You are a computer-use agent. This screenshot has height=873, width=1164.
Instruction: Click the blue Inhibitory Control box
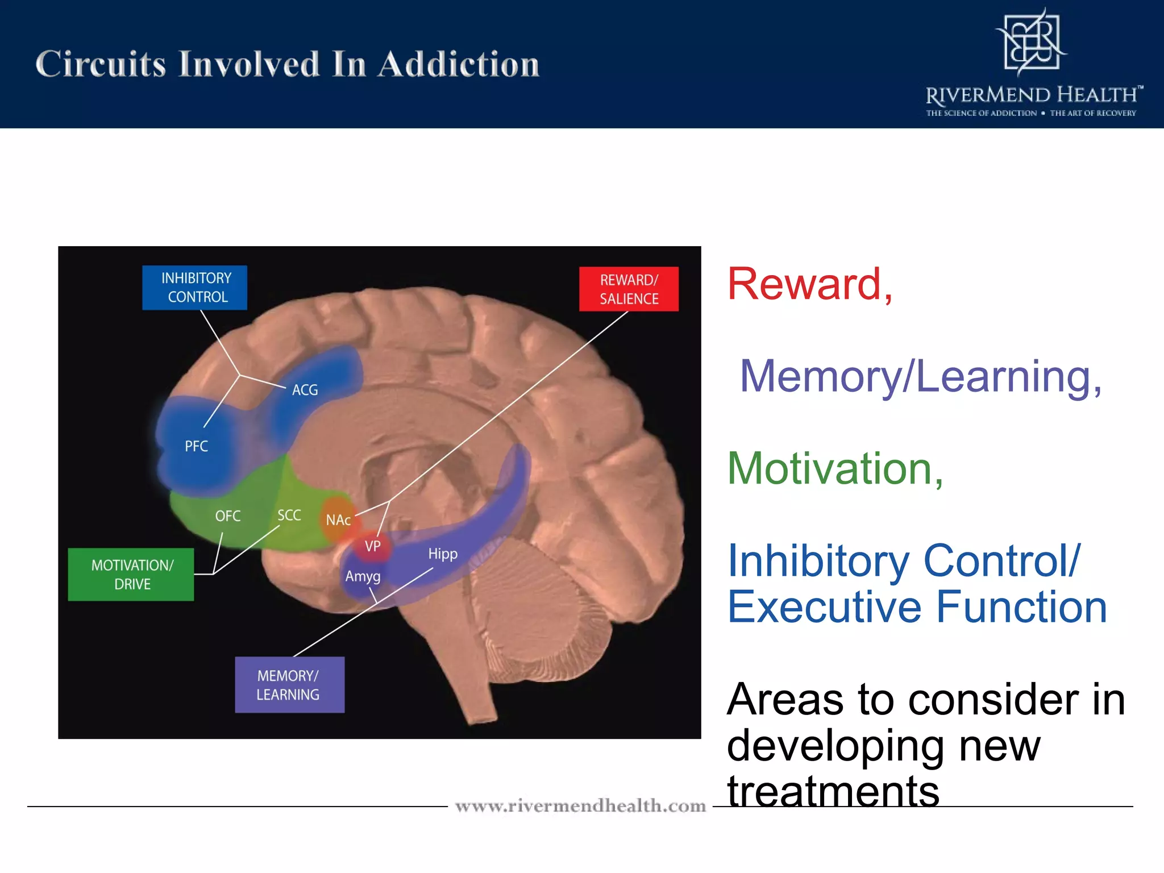194,288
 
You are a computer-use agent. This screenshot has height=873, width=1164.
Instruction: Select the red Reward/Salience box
629,289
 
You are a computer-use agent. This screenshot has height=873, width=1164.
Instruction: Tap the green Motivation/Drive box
131,575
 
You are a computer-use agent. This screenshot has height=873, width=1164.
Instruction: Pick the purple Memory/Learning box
289,685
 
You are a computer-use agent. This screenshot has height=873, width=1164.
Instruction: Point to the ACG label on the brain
305,390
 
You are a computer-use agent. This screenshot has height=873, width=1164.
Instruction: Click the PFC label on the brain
196,446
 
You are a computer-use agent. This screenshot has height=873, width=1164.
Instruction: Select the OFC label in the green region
227,516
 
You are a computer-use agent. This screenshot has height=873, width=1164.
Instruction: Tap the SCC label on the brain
289,516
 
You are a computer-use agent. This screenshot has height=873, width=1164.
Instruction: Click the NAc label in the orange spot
338,520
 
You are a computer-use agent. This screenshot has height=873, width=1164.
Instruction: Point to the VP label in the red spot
372,546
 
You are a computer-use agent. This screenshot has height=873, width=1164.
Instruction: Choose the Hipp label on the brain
442,554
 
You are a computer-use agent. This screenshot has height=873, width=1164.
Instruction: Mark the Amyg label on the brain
363,576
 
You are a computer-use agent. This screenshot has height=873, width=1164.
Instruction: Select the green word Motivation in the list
829,469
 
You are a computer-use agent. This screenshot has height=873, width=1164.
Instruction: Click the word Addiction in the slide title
458,64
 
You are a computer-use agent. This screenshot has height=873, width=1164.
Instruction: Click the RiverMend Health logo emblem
1031,43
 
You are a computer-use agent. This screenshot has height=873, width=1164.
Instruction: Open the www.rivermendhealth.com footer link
580,806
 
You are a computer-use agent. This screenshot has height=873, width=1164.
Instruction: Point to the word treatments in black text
833,791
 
